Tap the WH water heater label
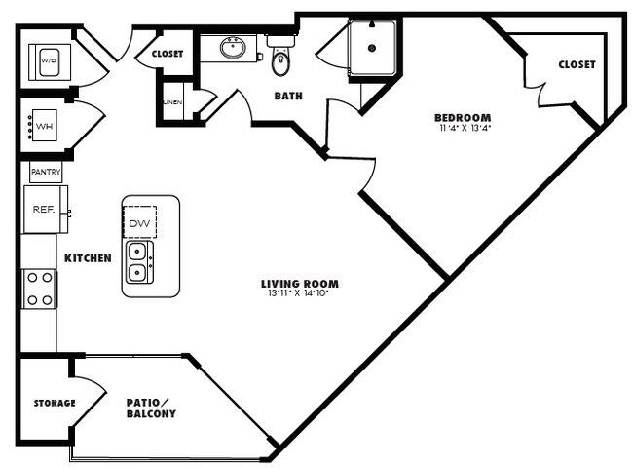[44, 124]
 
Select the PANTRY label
[46, 172]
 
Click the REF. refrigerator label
[42, 208]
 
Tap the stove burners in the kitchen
[39, 288]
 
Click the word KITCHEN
[88, 258]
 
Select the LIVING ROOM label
[300, 284]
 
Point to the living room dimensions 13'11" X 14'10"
[300, 293]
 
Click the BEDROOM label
[463, 118]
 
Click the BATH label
[288, 96]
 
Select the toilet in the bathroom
[281, 61]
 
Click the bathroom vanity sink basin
[233, 47]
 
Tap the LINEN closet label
[171, 102]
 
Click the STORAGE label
[55, 403]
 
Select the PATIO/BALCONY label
[151, 408]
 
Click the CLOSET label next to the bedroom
[577, 65]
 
